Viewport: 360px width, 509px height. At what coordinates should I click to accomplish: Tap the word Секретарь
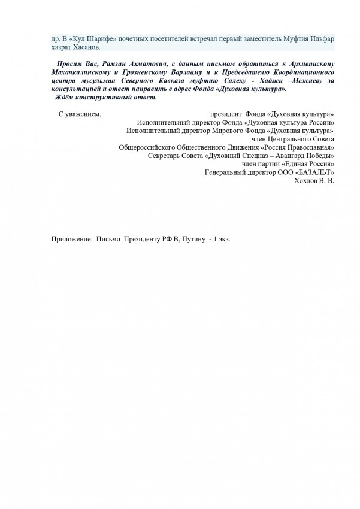point(167,155)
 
